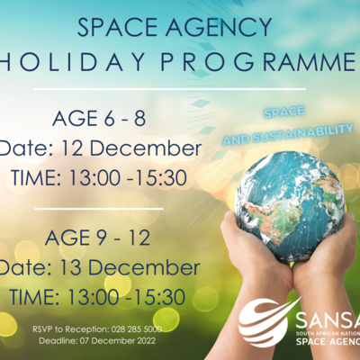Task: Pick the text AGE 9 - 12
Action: tap(94, 240)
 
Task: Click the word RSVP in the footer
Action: tap(44, 330)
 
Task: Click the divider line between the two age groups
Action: tap(100, 208)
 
